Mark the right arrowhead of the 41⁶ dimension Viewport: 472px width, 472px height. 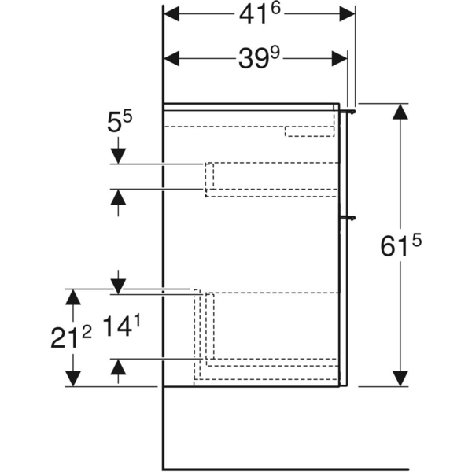346,15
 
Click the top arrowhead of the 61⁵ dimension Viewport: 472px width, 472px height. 401,112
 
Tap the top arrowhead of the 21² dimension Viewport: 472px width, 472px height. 73,298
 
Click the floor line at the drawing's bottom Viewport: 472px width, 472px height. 315,469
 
